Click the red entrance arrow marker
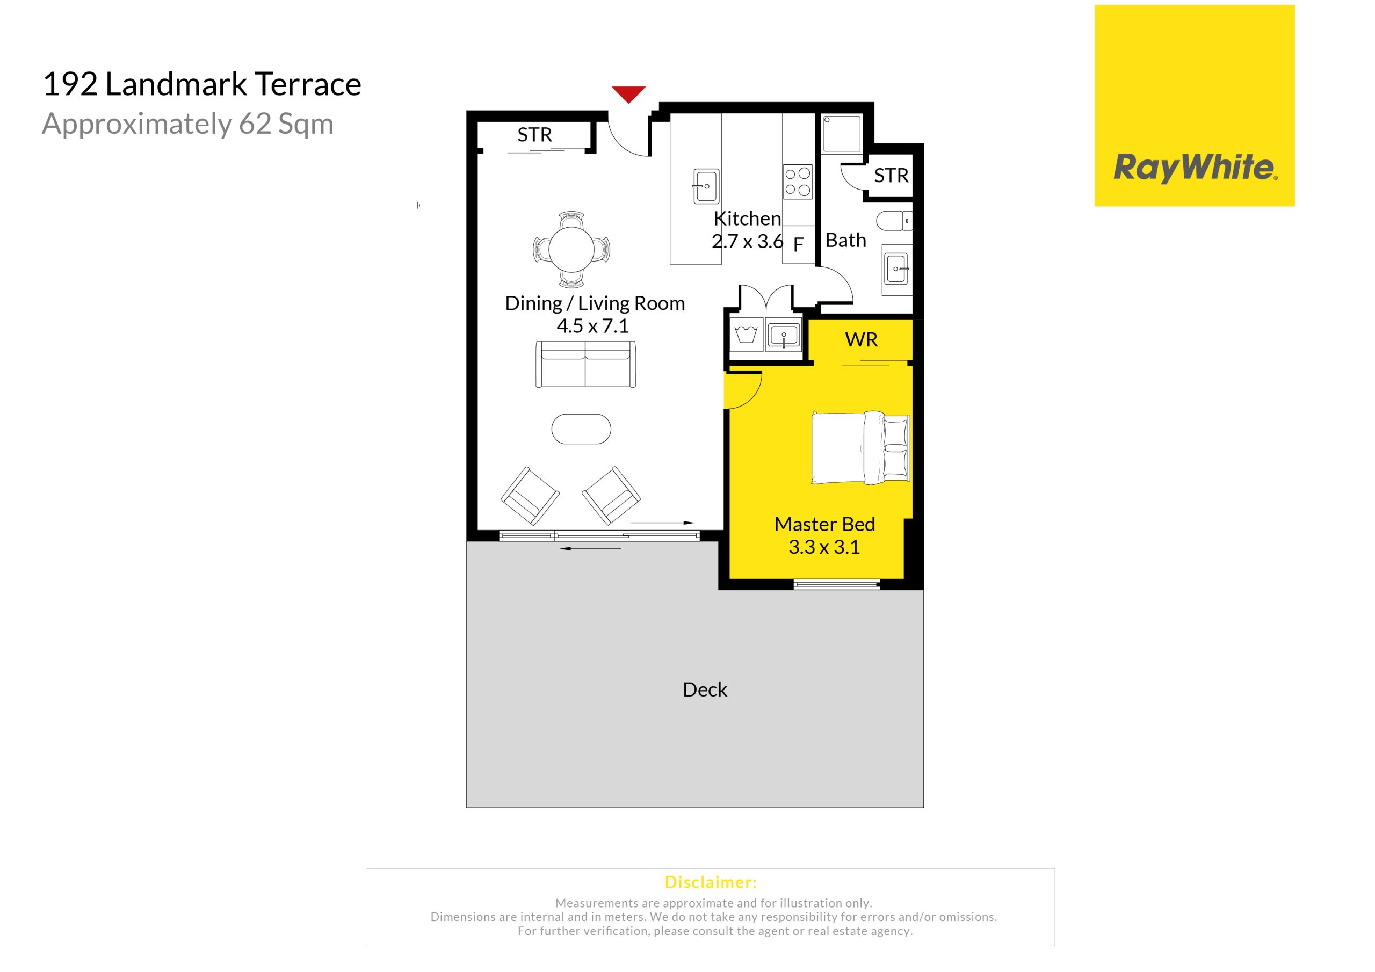pos(628,93)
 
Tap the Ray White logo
pos(1195,106)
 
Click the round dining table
pos(571,249)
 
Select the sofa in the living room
pos(585,364)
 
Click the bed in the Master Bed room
pos(860,447)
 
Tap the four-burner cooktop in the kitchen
pos(798,182)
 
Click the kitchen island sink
pos(706,186)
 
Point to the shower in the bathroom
pos(842,134)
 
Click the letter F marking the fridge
pos(798,245)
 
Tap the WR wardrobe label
pos(861,340)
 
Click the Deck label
pos(705,690)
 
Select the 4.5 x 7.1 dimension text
pos(593,326)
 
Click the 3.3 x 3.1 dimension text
pos(824,547)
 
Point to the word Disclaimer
pos(711,882)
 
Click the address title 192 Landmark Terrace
pos(202,84)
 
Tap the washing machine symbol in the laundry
pos(746,334)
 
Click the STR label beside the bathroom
pos(891,176)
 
